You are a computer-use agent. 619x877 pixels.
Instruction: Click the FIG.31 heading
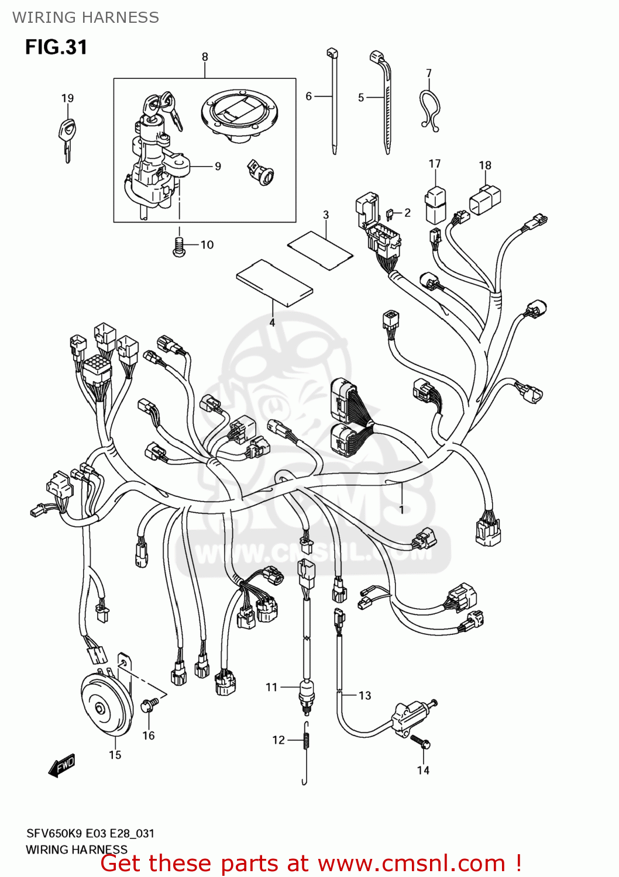coord(56,47)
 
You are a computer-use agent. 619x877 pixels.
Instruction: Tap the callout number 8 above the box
coord(205,57)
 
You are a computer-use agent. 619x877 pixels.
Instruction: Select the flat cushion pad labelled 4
coord(274,282)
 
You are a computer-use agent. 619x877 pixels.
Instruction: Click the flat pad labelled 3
coord(320,250)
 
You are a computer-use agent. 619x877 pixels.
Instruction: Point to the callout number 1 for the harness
coord(402,510)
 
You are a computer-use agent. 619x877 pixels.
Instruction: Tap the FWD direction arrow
coord(62,765)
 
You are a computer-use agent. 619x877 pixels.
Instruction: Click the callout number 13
coord(365,695)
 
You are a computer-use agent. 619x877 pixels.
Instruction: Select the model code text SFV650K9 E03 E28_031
coord(90,833)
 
